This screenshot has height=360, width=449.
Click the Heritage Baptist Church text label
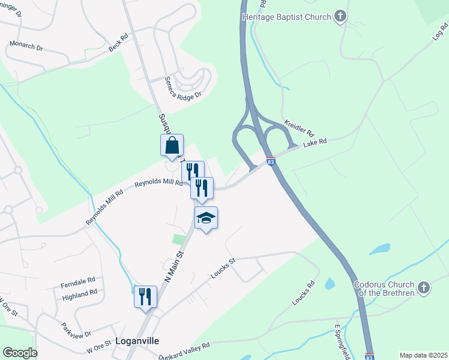coord(286,17)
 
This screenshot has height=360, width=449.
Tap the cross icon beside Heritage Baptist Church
coord(340,16)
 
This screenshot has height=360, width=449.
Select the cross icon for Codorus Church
coord(423,288)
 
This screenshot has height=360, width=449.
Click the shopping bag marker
coord(172,145)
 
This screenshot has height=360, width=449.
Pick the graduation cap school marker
coord(206,218)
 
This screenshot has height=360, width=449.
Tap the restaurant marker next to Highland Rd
coord(145,296)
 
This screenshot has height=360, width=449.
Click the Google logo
coord(19,353)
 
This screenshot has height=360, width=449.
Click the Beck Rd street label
coord(119,42)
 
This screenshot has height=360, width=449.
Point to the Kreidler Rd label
coord(300,127)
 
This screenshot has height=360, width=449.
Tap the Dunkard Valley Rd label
coord(184,351)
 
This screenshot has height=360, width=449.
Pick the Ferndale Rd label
coord(78,280)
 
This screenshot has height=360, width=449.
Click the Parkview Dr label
coord(76,329)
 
